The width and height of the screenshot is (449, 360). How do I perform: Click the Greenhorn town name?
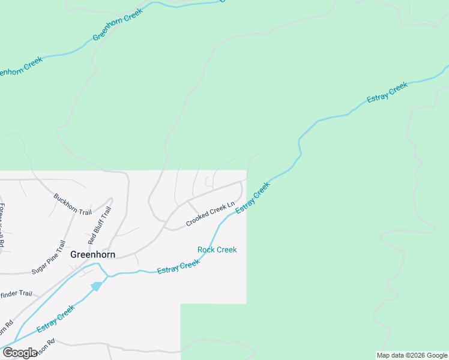click(x=92, y=254)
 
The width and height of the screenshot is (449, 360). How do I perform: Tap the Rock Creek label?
click(x=217, y=250)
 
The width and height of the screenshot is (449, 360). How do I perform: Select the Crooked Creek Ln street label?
click(x=209, y=214)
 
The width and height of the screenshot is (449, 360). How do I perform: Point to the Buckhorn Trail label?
click(x=72, y=204)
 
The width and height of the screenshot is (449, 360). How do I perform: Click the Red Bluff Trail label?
click(x=100, y=226)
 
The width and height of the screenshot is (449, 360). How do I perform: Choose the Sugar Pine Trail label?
click(x=48, y=257)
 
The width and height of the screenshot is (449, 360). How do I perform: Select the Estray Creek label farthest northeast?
click(x=387, y=93)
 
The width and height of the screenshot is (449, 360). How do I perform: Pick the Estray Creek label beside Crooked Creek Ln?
click(x=253, y=197)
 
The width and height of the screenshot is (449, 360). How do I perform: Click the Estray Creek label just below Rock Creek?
click(x=178, y=267)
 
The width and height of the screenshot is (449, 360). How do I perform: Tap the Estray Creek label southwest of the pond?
click(x=56, y=319)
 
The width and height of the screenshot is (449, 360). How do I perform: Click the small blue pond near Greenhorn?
click(x=96, y=287)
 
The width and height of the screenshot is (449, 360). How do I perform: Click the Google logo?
click(x=20, y=353)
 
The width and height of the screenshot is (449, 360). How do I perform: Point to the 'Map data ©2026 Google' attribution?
click(x=412, y=355)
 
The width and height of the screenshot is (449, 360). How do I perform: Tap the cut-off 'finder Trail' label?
click(x=16, y=293)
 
